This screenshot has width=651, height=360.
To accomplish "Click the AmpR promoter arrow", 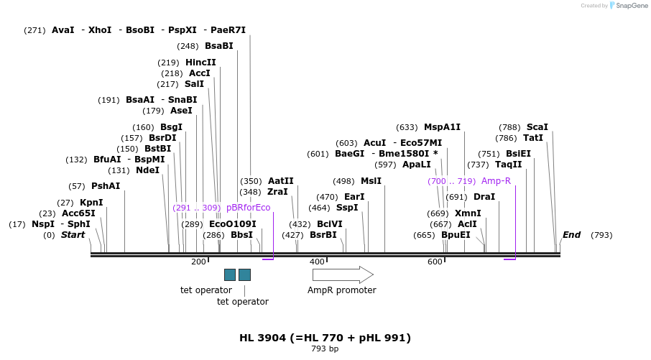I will point(343,274).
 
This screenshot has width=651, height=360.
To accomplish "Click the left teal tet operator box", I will point(230,274).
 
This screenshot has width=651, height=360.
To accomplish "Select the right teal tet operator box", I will point(244,274).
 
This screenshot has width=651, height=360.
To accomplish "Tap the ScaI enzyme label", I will point(537,127).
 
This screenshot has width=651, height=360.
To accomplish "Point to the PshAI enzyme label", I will point(106,186).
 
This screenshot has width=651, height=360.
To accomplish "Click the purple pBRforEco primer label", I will point(248,208).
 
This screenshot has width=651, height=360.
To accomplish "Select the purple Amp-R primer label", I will point(496,181).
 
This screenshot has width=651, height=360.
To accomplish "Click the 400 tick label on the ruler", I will point(317,262).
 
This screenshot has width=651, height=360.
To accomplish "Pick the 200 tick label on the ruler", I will point(198,262).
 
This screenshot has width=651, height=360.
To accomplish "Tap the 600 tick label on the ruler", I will point(435,262).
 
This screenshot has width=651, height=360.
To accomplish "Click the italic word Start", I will point(73,235).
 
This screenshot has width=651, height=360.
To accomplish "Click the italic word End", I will point(571,235).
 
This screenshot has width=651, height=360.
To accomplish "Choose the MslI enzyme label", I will point(371,181).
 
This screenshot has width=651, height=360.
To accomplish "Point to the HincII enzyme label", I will point(200,63).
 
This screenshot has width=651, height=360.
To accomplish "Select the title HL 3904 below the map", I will point(325,338).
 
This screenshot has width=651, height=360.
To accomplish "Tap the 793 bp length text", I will point(325,349).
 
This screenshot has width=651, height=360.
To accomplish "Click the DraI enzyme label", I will point(484,197).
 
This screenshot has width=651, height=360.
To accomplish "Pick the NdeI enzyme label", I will point(147,170).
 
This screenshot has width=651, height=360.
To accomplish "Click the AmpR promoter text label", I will point(341,290).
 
